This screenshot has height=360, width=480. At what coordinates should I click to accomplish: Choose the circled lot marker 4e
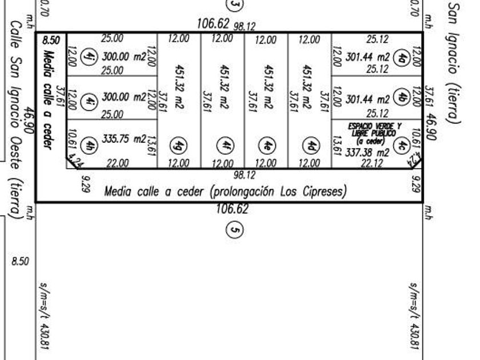coord(267,145)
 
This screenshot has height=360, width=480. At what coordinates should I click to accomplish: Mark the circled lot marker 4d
coord(311,145)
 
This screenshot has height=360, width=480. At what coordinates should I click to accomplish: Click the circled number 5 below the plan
coord(233,230)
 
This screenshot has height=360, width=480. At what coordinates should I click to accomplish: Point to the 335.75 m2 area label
coord(124,138)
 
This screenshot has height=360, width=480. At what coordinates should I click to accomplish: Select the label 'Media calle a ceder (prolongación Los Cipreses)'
coord(225,191)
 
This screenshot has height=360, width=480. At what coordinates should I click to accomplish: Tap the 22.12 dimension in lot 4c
coord(372,164)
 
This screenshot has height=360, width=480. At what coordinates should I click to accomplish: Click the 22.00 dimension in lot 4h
coord(117,163)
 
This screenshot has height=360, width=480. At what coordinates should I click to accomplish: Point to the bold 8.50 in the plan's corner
coord(51,41)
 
